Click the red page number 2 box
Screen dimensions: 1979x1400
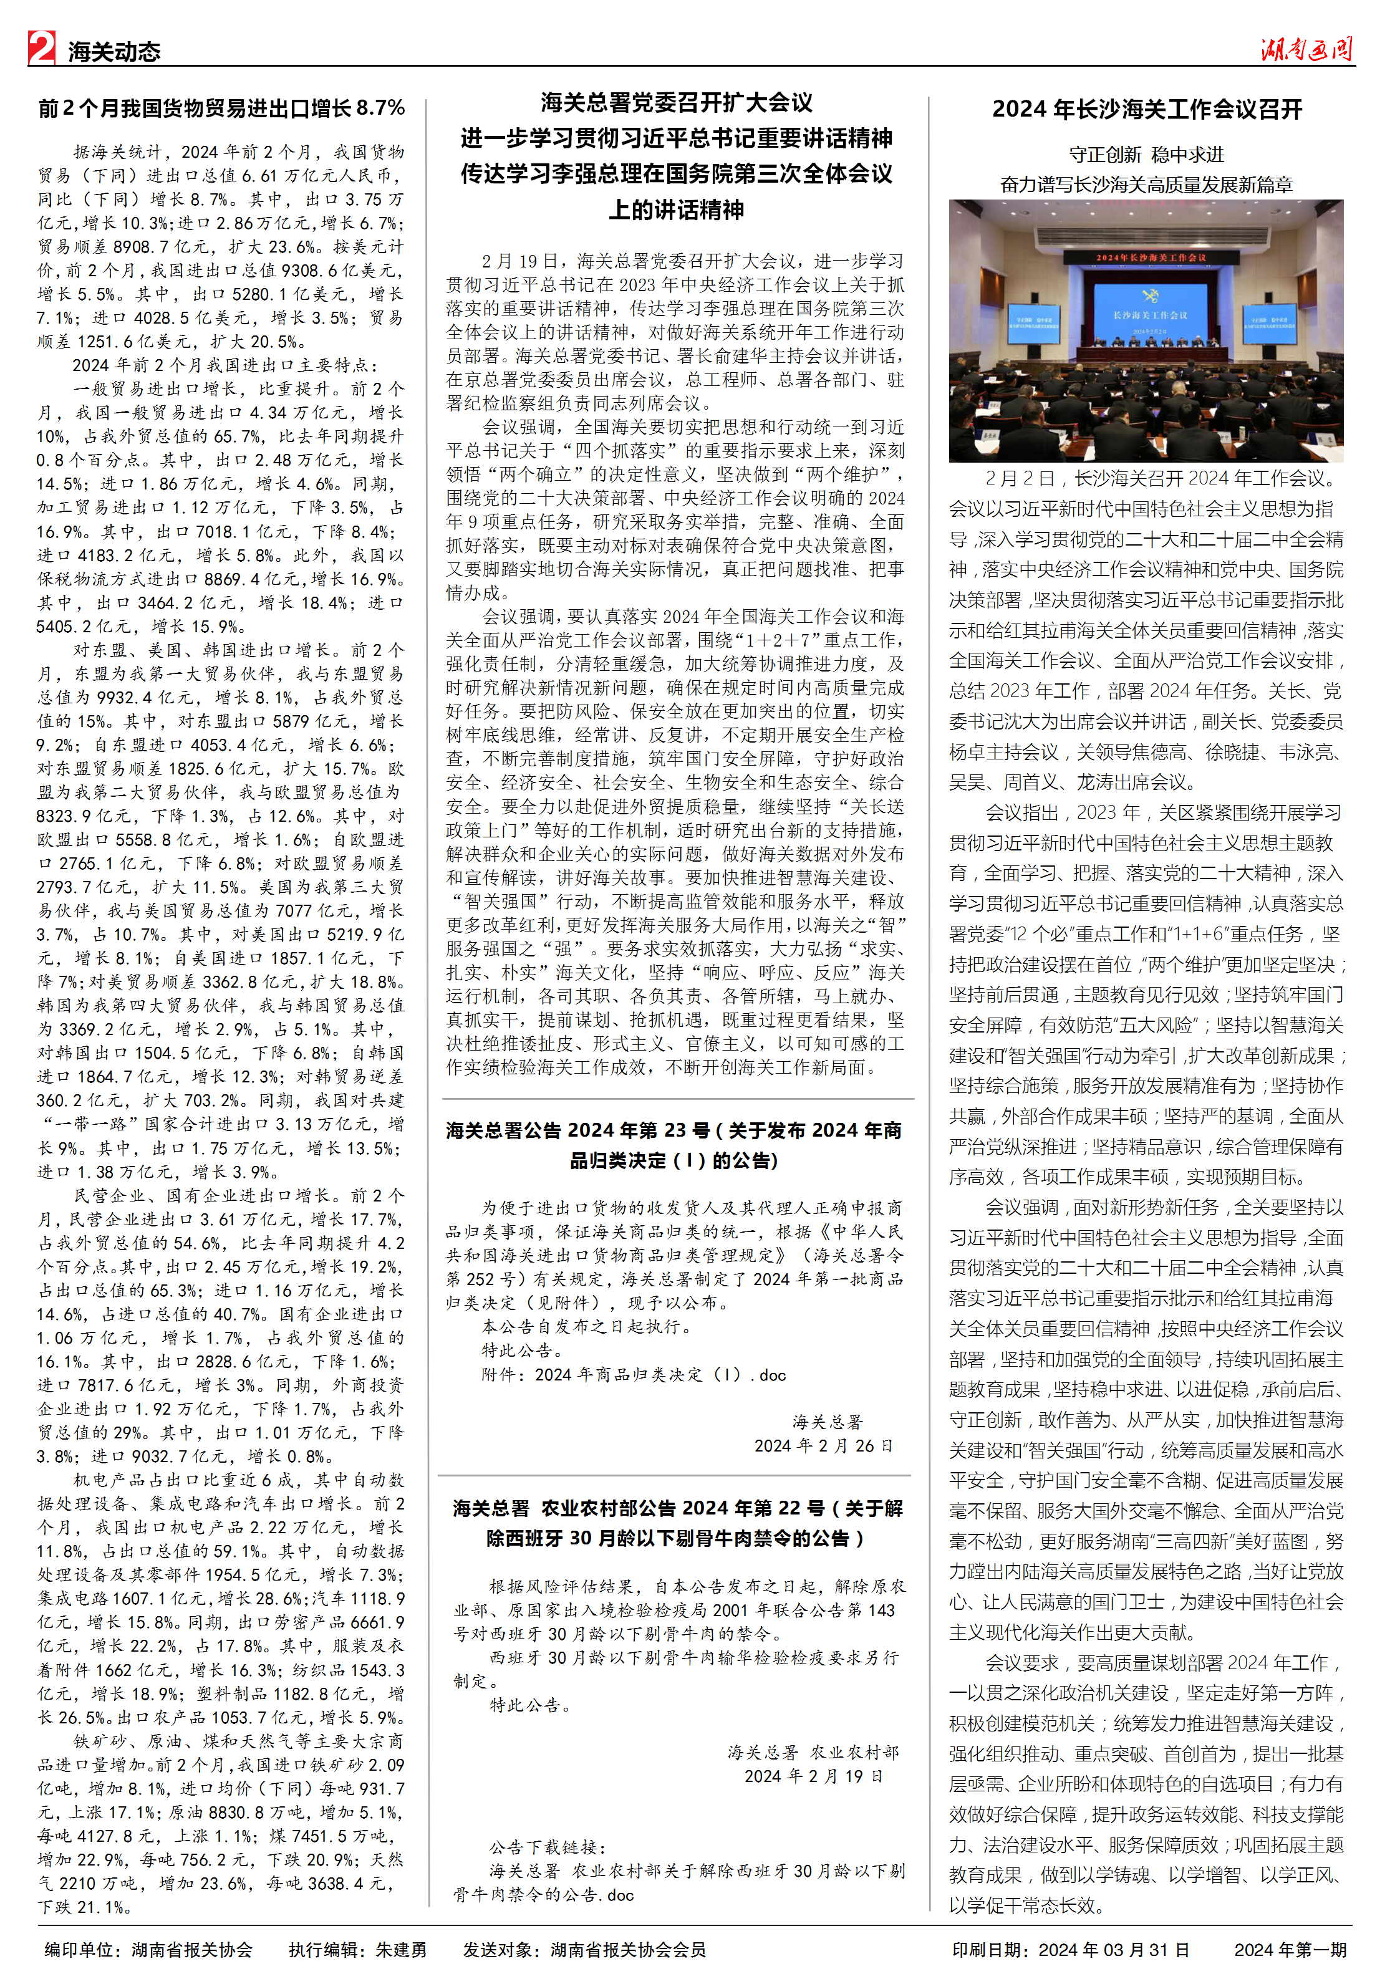coord(41,47)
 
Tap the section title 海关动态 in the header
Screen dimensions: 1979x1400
coord(113,52)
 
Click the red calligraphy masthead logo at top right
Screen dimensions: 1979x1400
coord(1305,49)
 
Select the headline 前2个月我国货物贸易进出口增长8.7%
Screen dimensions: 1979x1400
coord(221,108)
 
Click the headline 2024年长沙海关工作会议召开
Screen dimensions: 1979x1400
coord(1147,110)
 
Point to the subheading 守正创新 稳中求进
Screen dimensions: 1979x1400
coord(1147,155)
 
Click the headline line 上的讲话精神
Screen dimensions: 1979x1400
coord(677,209)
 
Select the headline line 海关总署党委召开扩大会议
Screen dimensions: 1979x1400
coord(677,104)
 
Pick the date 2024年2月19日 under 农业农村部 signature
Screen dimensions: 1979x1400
coord(814,1776)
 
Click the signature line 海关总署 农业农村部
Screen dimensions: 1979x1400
coord(813,1751)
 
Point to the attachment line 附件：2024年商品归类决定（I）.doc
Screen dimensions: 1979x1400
coord(634,1375)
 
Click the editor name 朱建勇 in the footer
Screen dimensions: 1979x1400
coord(401,1950)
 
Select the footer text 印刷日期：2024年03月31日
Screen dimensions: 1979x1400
coord(1071,1950)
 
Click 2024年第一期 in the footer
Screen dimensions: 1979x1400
coord(1290,1950)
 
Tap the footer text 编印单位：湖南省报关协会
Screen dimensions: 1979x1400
coord(148,1950)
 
